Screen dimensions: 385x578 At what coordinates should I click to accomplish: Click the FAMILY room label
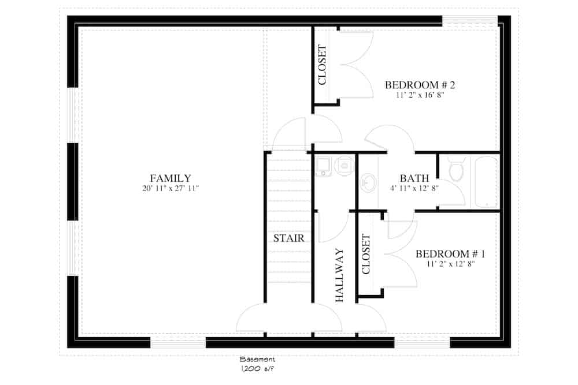(171, 178)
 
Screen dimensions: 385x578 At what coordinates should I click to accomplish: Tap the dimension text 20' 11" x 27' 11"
(171, 189)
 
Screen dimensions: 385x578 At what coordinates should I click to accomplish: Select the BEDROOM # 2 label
(420, 85)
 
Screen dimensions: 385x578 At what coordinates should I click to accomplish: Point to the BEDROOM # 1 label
(450, 254)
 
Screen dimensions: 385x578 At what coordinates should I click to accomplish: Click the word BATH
(413, 178)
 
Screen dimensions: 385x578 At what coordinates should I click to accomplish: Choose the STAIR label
(289, 238)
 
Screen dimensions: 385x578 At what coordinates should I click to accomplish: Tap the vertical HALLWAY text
(339, 275)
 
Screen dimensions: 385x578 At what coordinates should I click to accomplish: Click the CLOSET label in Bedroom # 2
(323, 65)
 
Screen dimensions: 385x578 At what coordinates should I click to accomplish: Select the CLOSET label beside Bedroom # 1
(365, 254)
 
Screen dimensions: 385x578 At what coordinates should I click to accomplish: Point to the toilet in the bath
(455, 172)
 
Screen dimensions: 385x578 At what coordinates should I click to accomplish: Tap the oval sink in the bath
(367, 185)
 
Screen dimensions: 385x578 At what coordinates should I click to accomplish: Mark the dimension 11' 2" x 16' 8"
(420, 96)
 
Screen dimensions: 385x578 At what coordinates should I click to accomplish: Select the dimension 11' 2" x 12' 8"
(450, 264)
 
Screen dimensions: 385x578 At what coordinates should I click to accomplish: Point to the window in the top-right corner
(470, 21)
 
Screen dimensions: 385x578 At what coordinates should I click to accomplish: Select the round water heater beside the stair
(344, 165)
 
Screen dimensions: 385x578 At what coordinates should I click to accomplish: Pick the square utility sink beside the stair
(323, 166)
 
